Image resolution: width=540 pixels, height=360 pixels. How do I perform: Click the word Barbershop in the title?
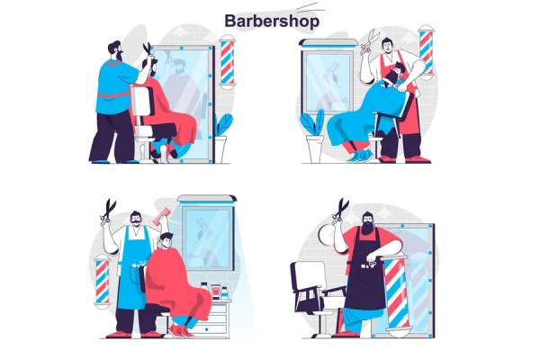coord(272,22)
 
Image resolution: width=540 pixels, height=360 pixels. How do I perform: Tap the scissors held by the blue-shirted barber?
coord(148,51)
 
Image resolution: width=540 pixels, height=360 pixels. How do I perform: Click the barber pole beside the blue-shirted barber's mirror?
coord(227,62)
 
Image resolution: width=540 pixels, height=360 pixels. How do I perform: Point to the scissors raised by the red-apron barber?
coord(369,41)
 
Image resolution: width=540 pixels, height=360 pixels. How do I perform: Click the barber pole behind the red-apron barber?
coord(427,51)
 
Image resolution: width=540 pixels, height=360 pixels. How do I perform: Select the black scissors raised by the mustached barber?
coord(108,210)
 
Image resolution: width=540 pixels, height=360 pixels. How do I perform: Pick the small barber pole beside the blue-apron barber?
coord(103,281)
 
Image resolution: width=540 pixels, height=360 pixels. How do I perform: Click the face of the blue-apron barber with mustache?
coord(136,219)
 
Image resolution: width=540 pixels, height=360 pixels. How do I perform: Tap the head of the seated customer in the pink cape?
coord(166,239)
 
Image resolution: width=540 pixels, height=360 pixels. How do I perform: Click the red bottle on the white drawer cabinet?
coord(215,292)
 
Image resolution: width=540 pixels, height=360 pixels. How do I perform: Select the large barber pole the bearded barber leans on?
coord(397,292)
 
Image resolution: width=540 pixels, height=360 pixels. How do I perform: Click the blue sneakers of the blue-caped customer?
coord(360,156)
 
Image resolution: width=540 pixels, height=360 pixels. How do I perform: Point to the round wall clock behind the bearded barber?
coord(326,234)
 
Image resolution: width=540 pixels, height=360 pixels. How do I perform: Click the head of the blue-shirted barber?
coord(115,51)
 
